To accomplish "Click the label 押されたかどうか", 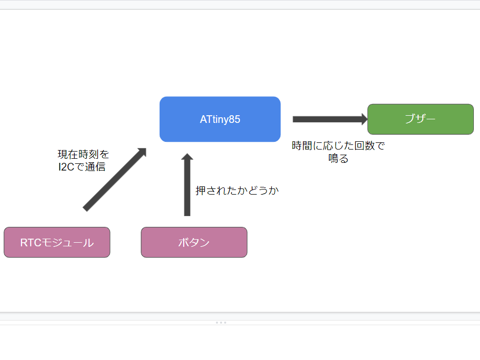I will pos(237,190).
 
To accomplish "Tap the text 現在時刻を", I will pos(83,154).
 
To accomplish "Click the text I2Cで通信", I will pos(82,166).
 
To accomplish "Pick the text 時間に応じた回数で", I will pos(338,146).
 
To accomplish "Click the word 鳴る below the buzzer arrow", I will pos(338,159).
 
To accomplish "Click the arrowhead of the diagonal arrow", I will pos(141,153).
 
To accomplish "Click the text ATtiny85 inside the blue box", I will pos(220,119).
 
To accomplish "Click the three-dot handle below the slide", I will pos(221,323).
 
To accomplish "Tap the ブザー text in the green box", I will pos(420,119).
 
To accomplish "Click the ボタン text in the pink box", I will pos(194,243).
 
